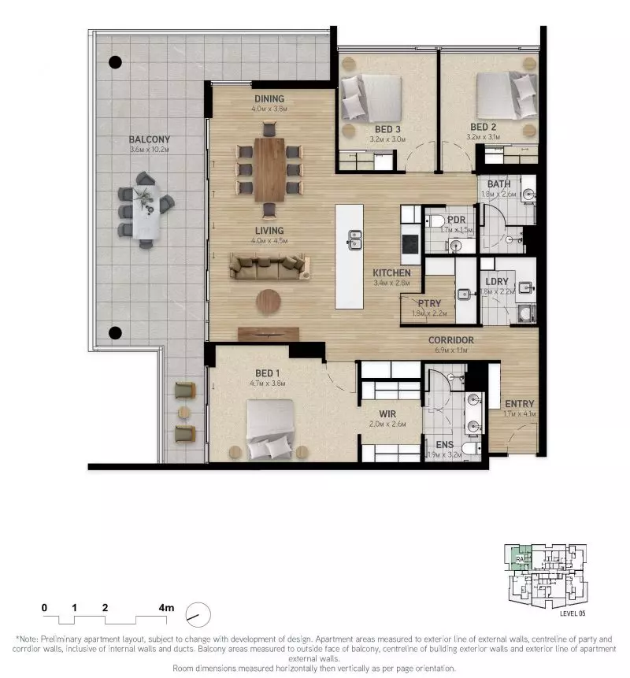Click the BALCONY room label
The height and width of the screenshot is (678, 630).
[150, 139]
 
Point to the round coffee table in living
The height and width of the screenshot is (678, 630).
[269, 301]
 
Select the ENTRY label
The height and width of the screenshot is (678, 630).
[520, 404]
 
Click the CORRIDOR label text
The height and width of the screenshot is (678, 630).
[452, 340]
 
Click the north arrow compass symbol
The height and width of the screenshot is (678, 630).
[198, 612]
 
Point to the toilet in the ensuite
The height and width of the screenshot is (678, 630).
[469, 449]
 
